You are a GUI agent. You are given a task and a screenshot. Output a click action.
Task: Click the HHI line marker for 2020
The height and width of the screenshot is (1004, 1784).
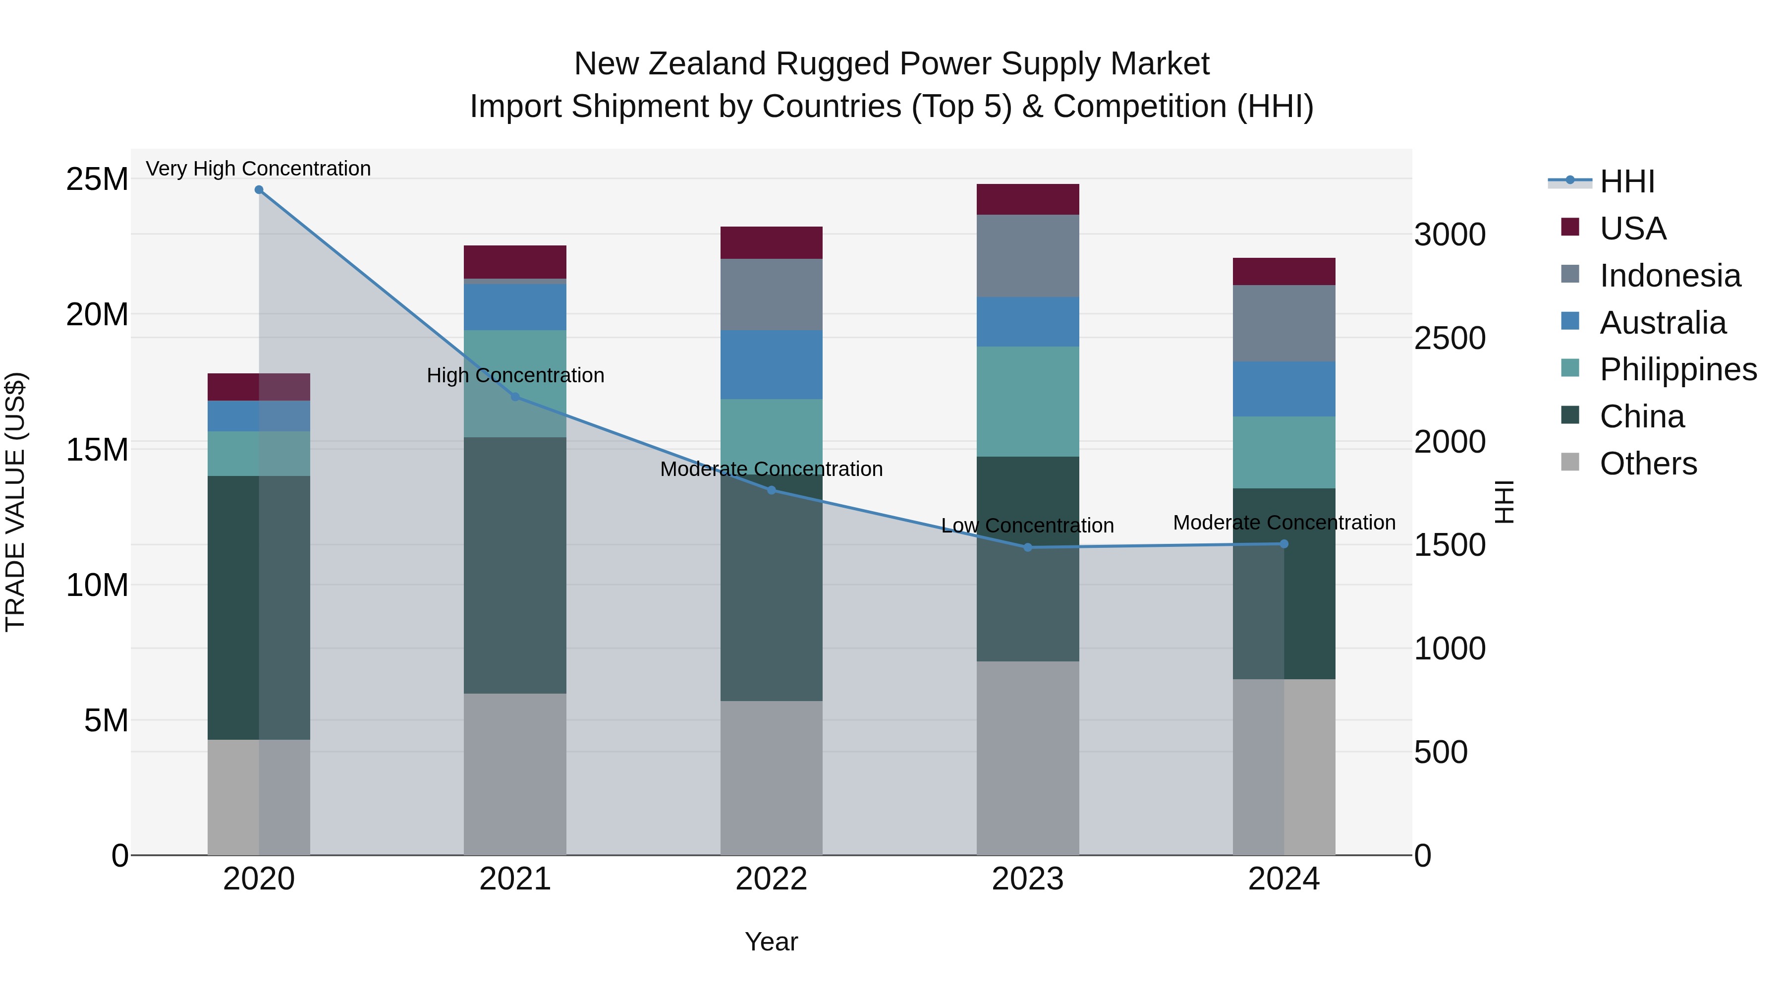coord(259,189)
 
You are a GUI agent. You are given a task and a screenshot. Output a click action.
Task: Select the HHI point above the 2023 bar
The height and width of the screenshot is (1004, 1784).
coord(1028,547)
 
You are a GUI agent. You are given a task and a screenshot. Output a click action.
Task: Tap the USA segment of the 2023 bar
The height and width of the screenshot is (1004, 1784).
coord(1028,199)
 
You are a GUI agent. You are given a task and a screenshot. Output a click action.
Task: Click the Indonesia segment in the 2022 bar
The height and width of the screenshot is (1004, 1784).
coord(772,295)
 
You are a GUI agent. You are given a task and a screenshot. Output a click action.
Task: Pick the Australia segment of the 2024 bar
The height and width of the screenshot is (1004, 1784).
coord(1284,389)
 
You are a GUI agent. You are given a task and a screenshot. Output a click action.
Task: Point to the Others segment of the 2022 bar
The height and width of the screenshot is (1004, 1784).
coord(772,777)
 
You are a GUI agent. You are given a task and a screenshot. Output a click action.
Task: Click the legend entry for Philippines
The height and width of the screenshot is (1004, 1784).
coord(1677,369)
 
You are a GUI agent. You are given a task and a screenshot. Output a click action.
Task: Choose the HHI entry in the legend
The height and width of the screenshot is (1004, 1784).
coord(1627,181)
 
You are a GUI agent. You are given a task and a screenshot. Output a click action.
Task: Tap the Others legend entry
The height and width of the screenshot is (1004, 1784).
coord(1648,464)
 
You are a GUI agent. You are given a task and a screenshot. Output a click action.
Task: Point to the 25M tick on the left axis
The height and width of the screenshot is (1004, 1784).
coord(97,179)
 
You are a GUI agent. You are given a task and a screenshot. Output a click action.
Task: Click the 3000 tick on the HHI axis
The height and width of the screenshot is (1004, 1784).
coord(1449,235)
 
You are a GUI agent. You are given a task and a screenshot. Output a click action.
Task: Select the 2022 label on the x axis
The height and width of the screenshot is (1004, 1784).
coord(772,879)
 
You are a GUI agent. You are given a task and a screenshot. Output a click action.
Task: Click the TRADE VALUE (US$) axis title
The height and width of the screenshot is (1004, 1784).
coord(15,502)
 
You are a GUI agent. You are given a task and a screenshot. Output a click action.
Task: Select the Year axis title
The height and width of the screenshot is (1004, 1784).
coord(772,942)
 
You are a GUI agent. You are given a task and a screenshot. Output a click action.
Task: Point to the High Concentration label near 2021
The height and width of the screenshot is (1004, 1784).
coord(515,375)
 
